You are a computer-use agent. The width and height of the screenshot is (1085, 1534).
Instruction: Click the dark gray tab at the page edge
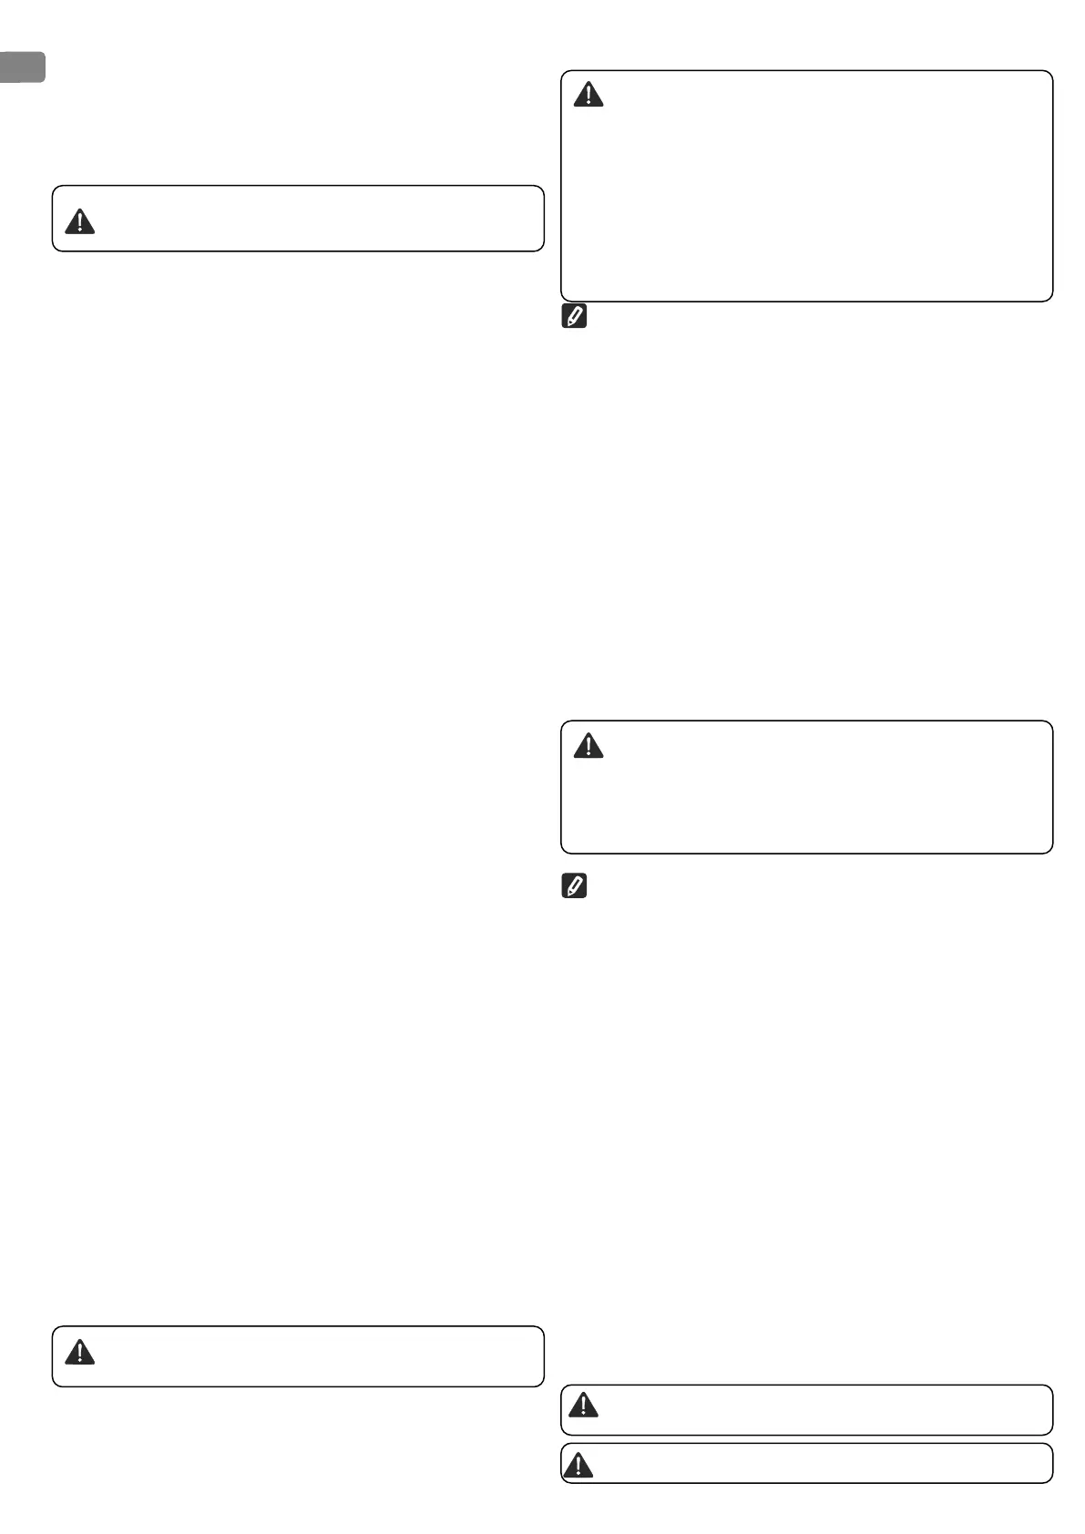pos(22,67)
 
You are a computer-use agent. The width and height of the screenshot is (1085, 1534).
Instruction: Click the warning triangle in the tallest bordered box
pos(589,94)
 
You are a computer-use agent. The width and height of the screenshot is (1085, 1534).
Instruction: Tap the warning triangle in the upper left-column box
pos(80,221)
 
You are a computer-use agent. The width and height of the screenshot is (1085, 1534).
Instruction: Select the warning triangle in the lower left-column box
pos(80,1353)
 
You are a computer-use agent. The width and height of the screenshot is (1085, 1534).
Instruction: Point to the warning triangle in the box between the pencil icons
pos(589,746)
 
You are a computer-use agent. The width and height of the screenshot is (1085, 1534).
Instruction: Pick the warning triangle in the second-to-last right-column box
pos(583,1406)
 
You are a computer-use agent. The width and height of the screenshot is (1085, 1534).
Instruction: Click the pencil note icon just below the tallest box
pos(575,317)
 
